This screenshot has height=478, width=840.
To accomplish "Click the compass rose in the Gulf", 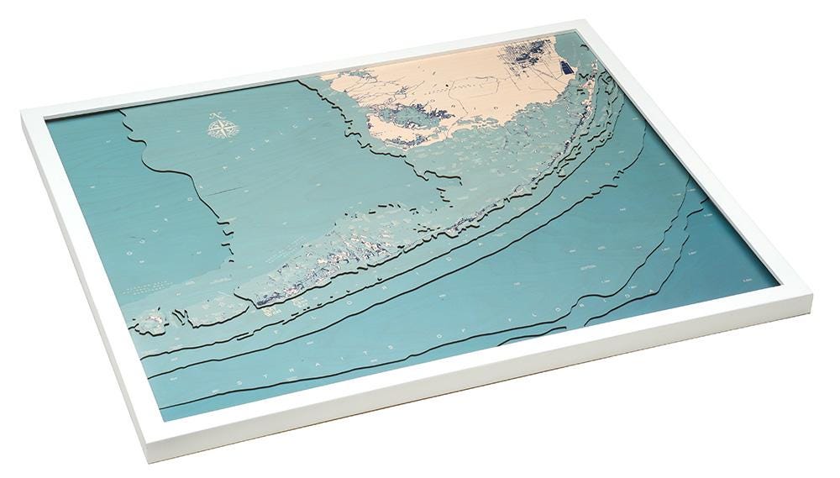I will [x=223, y=129].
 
